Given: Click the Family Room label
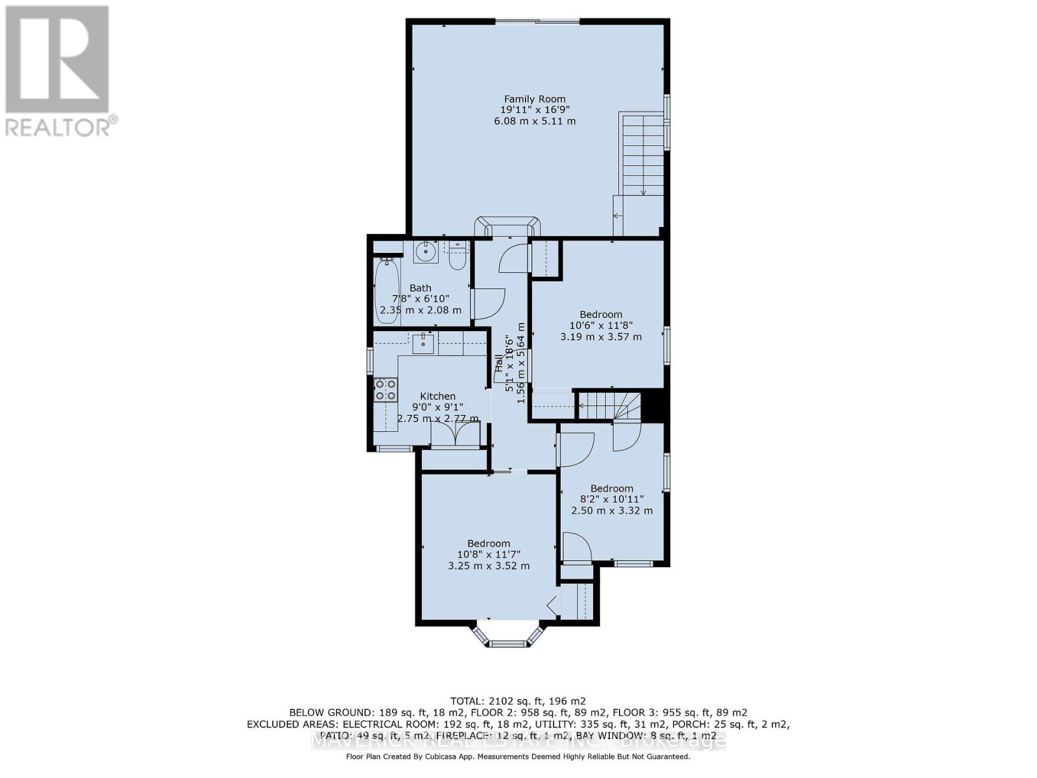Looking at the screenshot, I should pyautogui.click(x=535, y=99).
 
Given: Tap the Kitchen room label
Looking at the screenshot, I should pyautogui.click(x=437, y=396).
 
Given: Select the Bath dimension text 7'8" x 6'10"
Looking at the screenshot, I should pyautogui.click(x=421, y=299).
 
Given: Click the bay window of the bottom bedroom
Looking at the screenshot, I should pyautogui.click(x=508, y=637).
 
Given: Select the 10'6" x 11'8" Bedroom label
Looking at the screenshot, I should pyautogui.click(x=601, y=314).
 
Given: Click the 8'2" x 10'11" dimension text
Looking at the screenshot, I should pyautogui.click(x=611, y=499).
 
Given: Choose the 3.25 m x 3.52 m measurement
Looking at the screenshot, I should pyautogui.click(x=489, y=565).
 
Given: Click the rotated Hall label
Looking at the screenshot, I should pyautogui.click(x=498, y=363).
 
